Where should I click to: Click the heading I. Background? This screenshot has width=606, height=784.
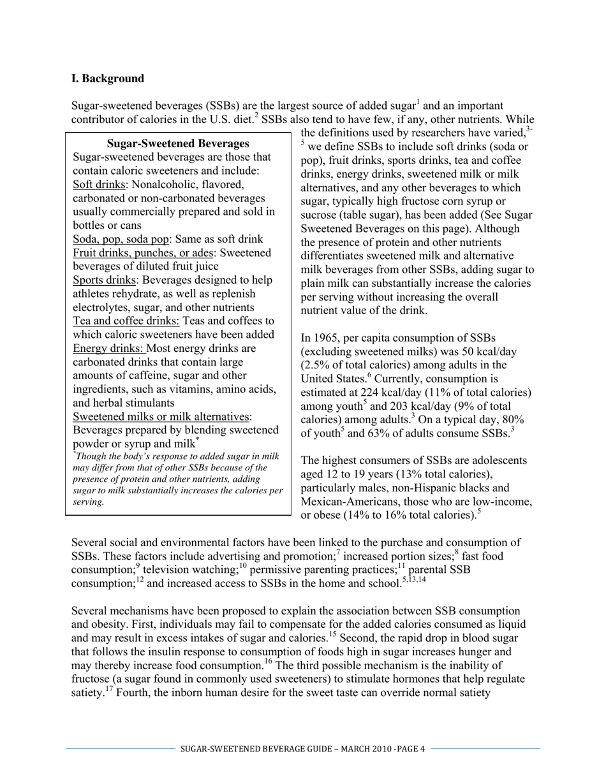tap(108, 78)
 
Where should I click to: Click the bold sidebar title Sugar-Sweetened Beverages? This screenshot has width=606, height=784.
tap(178, 143)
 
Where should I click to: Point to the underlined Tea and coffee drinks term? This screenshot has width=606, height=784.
tap(126, 321)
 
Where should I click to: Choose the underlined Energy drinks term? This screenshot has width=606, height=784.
tap(109, 348)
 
